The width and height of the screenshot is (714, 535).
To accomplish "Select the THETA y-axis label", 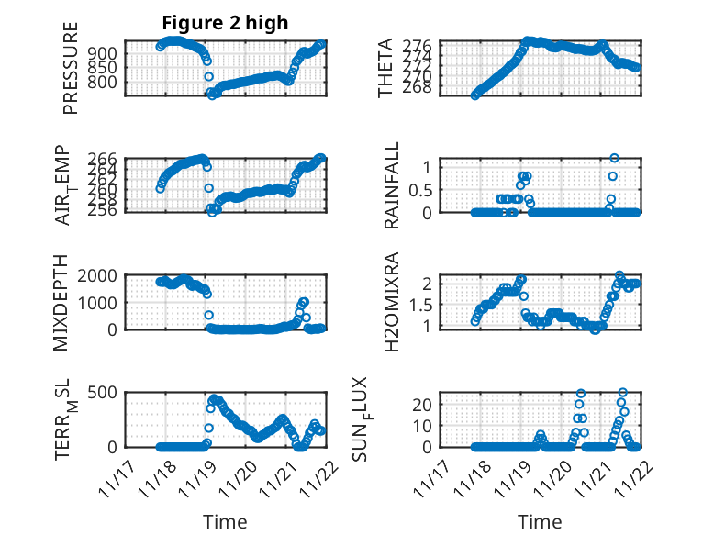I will [x=385, y=69].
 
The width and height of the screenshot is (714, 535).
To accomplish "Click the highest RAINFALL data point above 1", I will [x=614, y=158].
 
